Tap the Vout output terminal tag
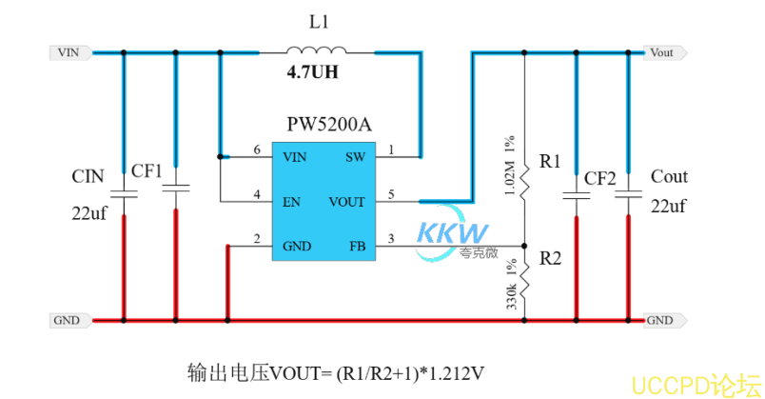661,52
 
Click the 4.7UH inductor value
313,72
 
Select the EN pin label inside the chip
293,202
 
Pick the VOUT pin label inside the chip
345,202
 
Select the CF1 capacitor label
147,170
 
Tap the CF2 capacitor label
600,178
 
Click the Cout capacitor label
669,177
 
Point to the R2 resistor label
551,258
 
